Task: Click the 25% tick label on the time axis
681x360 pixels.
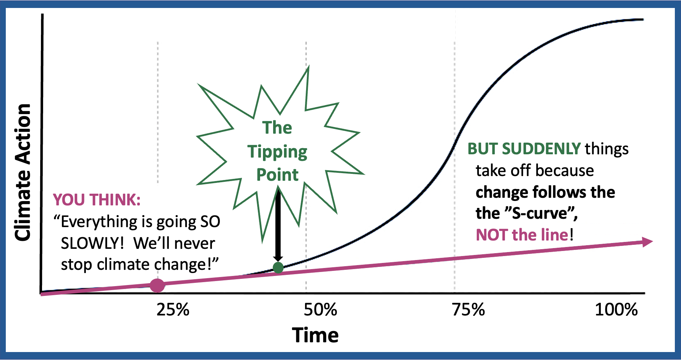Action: [173, 310]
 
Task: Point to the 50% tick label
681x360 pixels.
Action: [320, 310]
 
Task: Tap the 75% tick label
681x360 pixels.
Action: [468, 310]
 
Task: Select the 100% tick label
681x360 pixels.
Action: [616, 310]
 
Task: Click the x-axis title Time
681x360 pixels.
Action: [315, 335]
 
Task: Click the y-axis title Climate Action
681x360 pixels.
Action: [22, 172]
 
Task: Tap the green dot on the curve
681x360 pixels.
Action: [278, 268]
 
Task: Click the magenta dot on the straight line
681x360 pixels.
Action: [157, 285]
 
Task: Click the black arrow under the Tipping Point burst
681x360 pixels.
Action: [278, 225]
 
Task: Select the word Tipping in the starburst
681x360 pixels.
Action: [277, 152]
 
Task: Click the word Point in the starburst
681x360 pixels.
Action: [277, 175]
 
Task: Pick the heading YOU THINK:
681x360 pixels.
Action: [97, 200]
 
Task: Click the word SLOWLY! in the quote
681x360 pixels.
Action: [92, 243]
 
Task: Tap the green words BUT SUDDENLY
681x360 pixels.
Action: [524, 149]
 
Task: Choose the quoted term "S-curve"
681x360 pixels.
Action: [542, 213]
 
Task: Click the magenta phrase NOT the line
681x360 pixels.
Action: [522, 235]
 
